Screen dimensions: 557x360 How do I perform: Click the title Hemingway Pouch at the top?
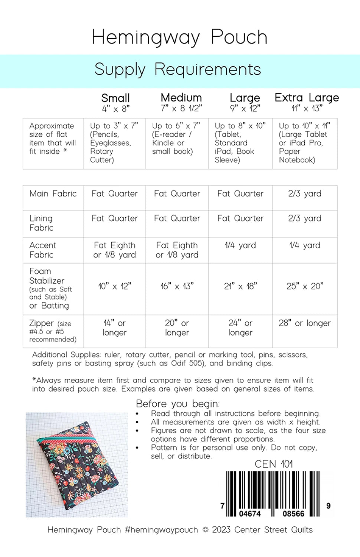(180, 37)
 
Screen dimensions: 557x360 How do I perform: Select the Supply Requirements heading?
(178, 69)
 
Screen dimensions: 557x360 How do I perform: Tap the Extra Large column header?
(307, 98)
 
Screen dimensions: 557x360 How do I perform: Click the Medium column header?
(181, 98)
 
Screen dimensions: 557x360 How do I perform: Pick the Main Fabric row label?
(53, 193)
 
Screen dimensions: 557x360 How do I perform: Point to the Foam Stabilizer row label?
(47, 276)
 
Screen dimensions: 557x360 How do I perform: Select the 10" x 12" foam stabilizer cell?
(114, 286)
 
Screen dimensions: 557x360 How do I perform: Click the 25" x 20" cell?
(305, 286)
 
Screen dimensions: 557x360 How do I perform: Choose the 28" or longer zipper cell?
(305, 323)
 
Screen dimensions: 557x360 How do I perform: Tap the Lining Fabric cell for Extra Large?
(305, 218)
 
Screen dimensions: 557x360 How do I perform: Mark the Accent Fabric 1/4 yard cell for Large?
(240, 245)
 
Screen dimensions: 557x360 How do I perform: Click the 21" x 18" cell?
(240, 286)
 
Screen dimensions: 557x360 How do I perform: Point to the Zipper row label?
(42, 323)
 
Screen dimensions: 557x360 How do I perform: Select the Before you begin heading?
(178, 404)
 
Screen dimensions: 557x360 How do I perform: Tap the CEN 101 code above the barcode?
(274, 464)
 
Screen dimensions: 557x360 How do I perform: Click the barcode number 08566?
(293, 514)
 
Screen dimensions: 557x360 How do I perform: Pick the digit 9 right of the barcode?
(328, 506)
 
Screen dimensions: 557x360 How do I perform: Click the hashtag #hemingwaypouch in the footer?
(161, 530)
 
